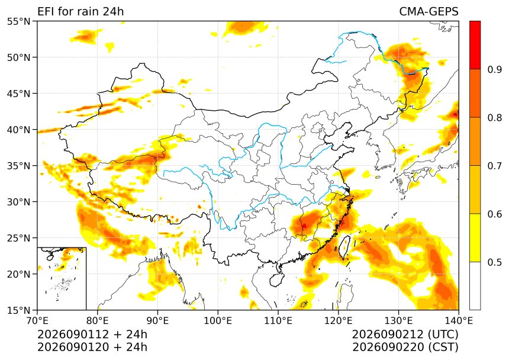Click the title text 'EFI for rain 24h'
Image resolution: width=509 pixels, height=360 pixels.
(x=80, y=11)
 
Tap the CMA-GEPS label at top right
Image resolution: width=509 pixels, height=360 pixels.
(x=429, y=11)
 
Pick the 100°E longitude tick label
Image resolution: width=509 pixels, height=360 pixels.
(x=218, y=321)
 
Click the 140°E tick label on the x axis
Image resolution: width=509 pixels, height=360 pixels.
(x=458, y=321)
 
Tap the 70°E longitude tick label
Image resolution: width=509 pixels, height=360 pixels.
(x=37, y=321)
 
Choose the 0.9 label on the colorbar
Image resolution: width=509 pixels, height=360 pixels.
(x=494, y=69)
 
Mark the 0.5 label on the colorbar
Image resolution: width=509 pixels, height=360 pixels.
(x=494, y=262)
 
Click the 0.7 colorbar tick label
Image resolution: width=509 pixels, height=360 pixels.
(x=494, y=166)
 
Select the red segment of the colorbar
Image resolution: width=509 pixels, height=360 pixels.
(x=475, y=45)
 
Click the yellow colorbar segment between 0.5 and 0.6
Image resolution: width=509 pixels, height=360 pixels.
(x=475, y=237)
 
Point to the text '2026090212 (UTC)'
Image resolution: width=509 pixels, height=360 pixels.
(x=405, y=335)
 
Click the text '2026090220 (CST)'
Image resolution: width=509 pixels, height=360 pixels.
(x=405, y=348)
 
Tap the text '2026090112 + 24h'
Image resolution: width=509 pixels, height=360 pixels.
(x=92, y=335)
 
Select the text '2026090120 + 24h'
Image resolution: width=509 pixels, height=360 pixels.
(x=92, y=348)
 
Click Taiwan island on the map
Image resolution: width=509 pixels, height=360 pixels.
(x=344, y=247)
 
